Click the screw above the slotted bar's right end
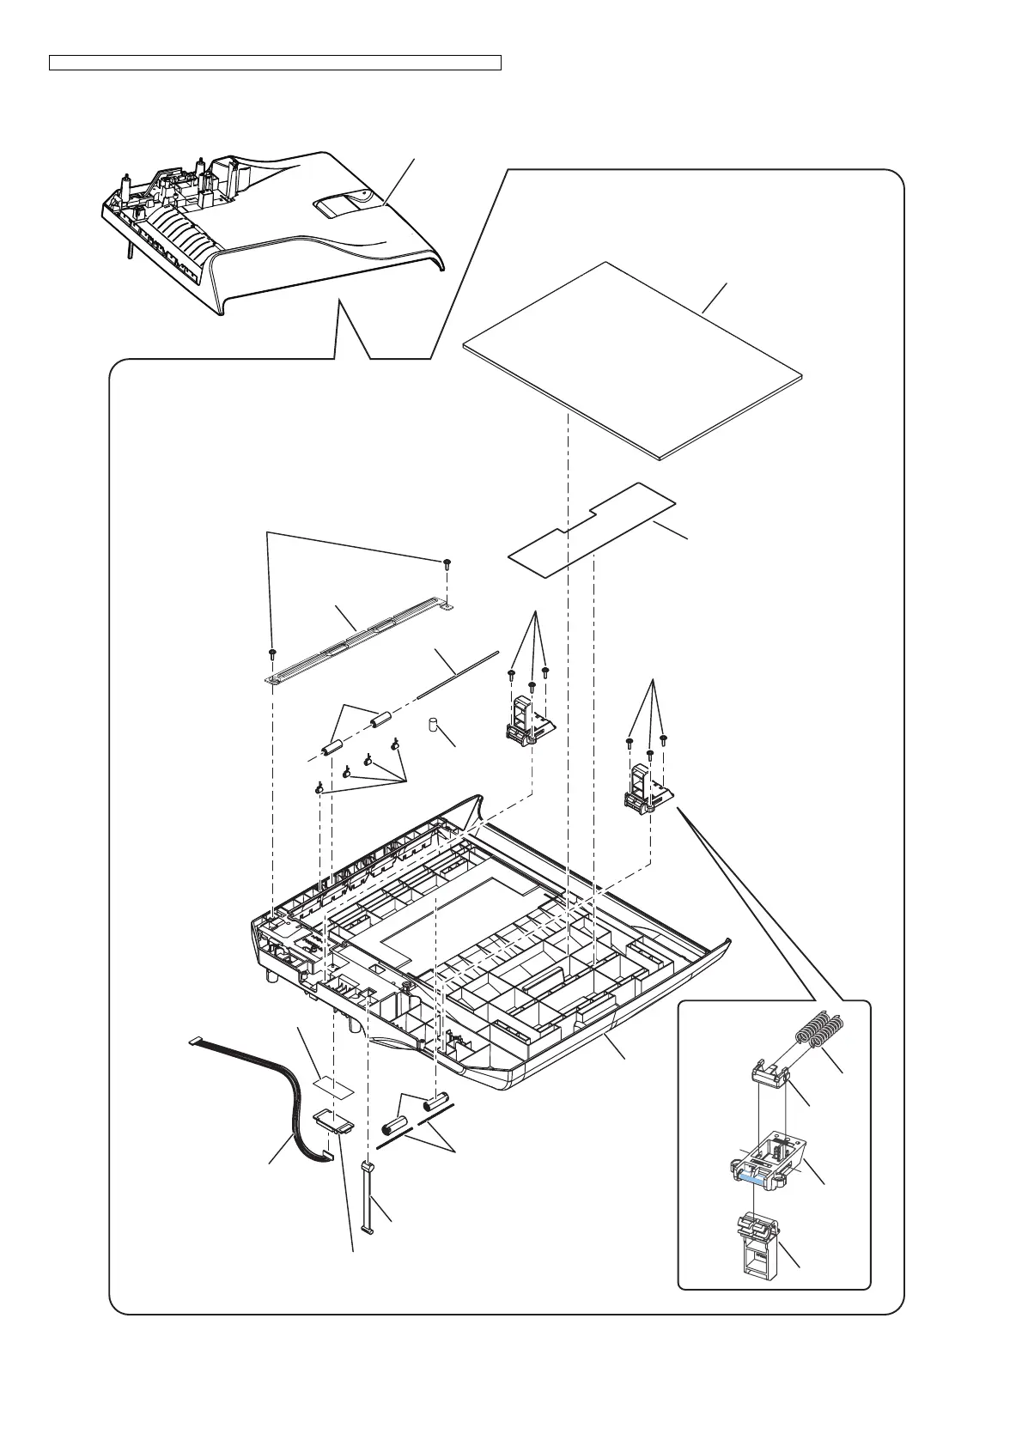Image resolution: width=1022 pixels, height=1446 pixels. (x=447, y=563)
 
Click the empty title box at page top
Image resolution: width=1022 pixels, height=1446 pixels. (x=275, y=63)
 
